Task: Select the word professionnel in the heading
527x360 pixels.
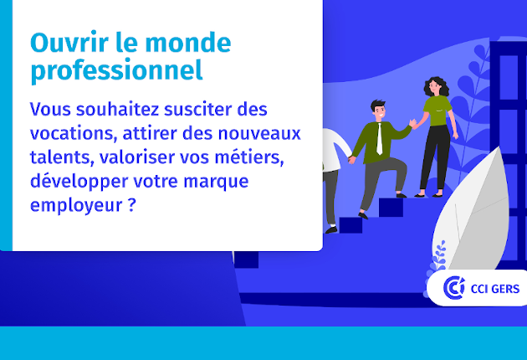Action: pyautogui.click(x=116, y=70)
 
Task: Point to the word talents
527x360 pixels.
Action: pyautogui.click(x=58, y=157)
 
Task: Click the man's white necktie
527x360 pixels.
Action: pyautogui.click(x=380, y=140)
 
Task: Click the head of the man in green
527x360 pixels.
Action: pyautogui.click(x=379, y=111)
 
